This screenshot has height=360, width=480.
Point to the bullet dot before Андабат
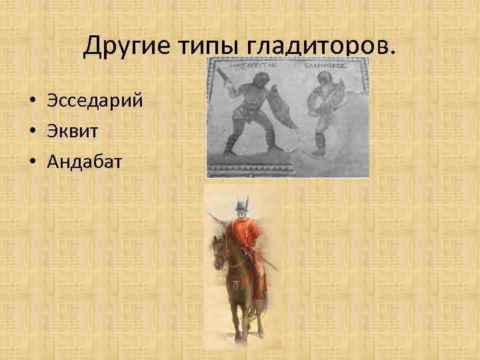click(32, 161)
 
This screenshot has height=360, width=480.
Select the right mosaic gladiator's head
click(325, 87)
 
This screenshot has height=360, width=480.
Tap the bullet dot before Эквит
click(32, 131)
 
